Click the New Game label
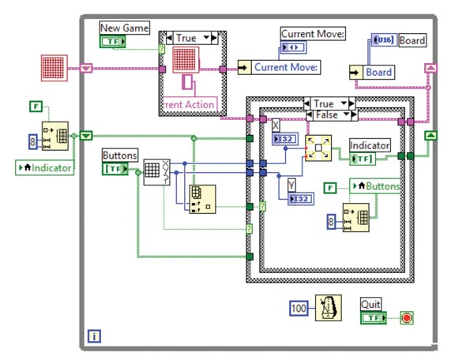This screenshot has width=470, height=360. point(123,28)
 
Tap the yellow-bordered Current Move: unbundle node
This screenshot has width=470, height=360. point(280,68)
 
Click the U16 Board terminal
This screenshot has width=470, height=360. point(383,40)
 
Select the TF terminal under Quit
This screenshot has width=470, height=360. point(373,317)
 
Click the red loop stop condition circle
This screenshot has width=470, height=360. point(406,318)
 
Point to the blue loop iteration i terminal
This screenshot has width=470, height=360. point(94,337)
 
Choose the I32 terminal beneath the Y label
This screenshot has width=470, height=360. point(300,198)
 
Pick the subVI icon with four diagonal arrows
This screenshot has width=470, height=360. point(318,148)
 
